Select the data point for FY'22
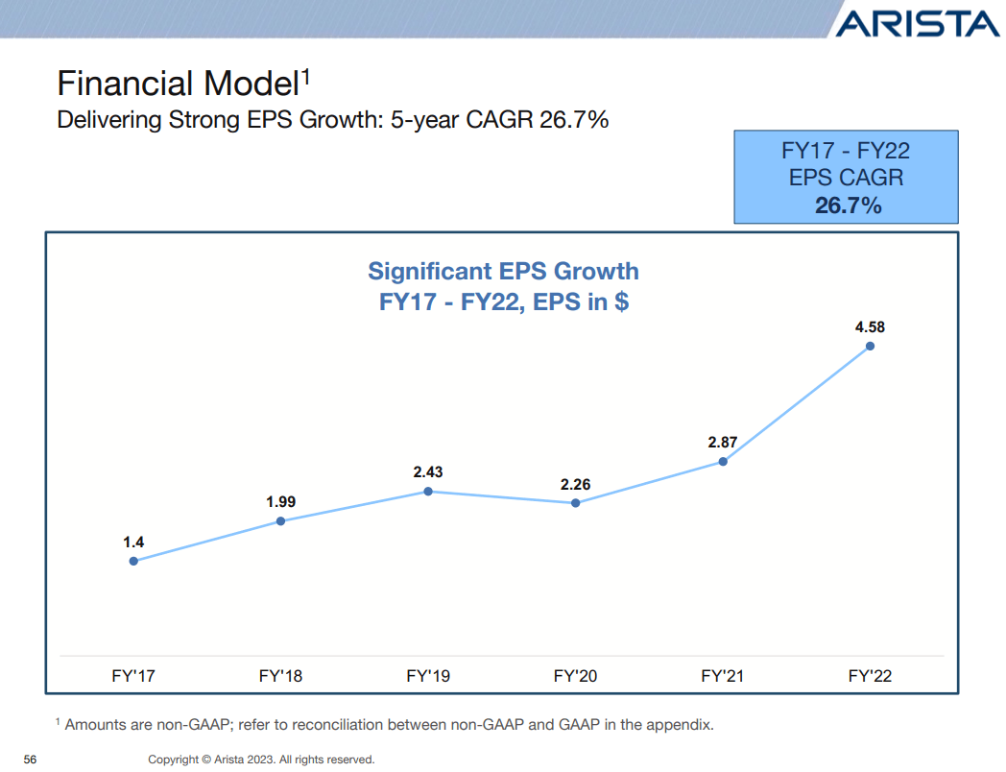coord(870,346)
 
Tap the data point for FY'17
coord(133,561)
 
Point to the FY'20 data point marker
coord(575,502)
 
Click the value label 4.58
coord(870,326)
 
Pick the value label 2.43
coord(428,472)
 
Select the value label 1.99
coord(280,501)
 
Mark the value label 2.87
coord(722,443)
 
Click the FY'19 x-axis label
coord(428,676)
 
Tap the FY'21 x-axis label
coord(722,676)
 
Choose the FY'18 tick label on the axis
coord(280,676)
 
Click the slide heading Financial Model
coord(179,84)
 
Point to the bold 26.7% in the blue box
coord(848,205)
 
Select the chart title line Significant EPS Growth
coord(504,271)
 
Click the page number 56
coord(30,760)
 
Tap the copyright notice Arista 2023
coord(261,760)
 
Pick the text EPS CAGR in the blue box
coord(846,178)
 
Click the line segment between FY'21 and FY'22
coord(796,403)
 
